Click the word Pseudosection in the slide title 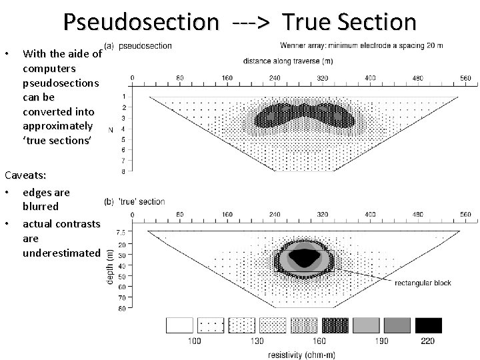140,23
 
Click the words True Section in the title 349,23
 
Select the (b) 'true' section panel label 135,202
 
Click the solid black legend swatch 428,325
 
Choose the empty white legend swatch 179,325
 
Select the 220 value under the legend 428,341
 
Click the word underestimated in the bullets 60,254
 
